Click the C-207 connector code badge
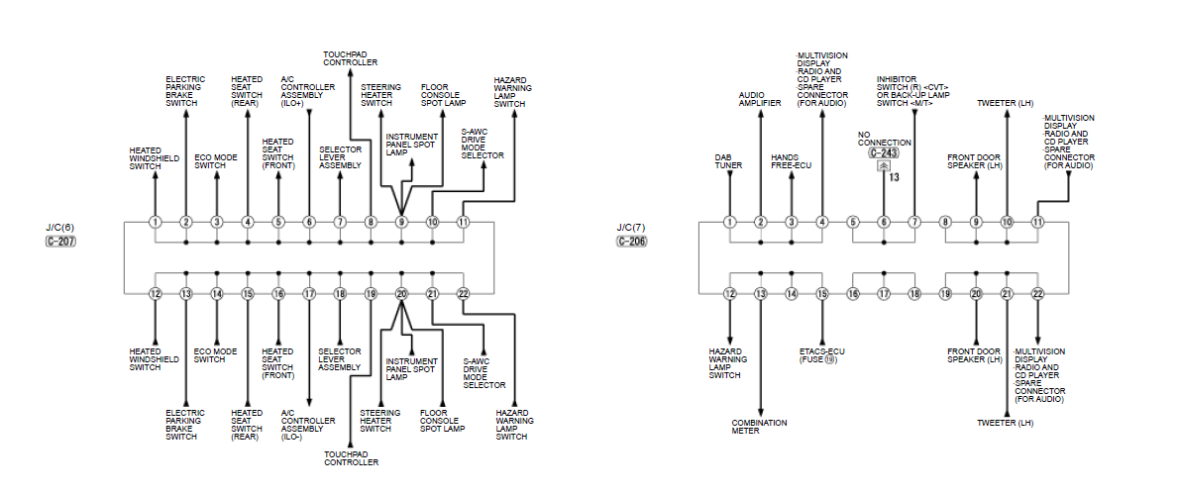tap(60, 242)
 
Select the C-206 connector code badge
tap(632, 242)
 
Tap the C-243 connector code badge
tap(884, 153)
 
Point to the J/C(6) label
tap(59, 228)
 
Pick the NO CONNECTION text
tap(885, 138)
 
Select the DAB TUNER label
tap(728, 161)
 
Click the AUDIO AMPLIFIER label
tap(760, 99)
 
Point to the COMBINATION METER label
tap(760, 427)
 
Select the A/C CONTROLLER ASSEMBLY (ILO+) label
tap(308, 91)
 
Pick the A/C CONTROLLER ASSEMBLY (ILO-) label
tap(308, 425)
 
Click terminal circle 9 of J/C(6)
tap(401, 222)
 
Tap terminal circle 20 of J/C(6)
tap(401, 294)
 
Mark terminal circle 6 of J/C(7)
tap(884, 222)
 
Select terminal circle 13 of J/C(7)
tap(760, 294)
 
